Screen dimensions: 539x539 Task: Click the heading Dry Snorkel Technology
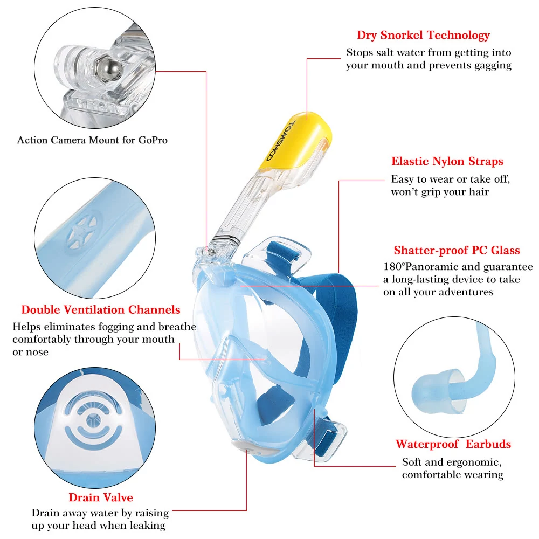click(x=423, y=35)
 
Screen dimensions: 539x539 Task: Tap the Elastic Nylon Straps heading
click(x=447, y=161)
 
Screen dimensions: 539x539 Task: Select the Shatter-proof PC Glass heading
click(x=457, y=250)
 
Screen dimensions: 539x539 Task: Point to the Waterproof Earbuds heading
click(x=453, y=444)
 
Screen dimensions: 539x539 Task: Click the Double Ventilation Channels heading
click(x=101, y=310)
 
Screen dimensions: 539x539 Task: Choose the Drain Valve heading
click(x=101, y=497)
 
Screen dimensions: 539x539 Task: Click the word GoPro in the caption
click(x=153, y=140)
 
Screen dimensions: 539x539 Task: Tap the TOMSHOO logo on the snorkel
click(x=280, y=141)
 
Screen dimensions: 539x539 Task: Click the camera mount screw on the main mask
click(x=212, y=252)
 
